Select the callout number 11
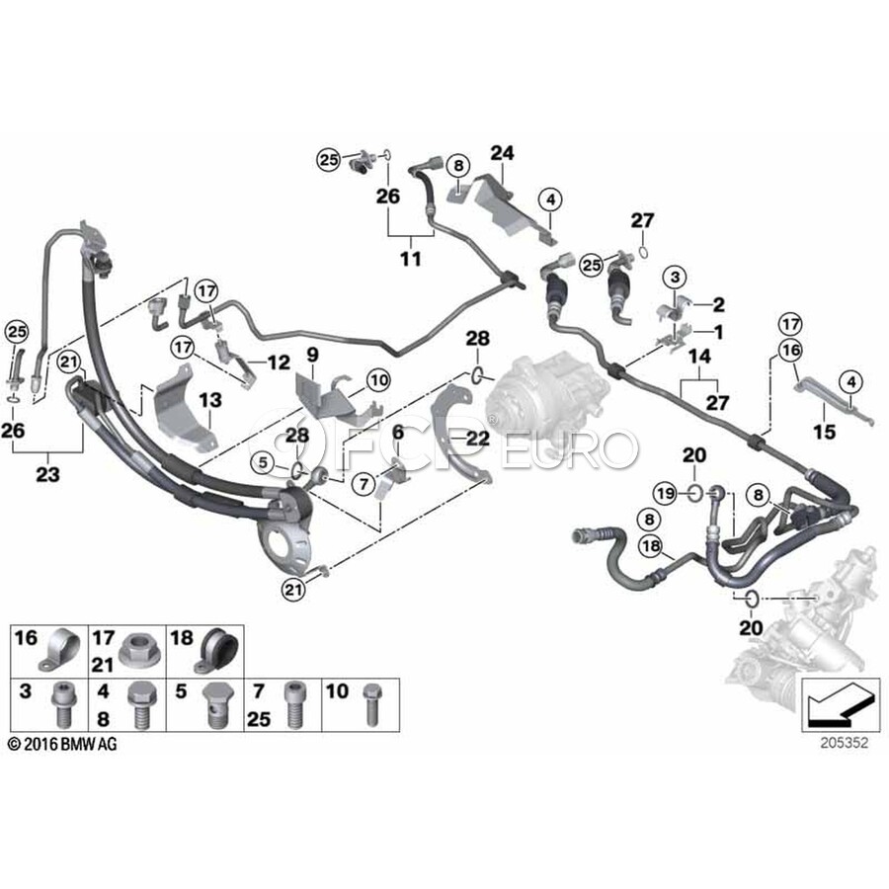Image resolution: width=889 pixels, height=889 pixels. pos(410,259)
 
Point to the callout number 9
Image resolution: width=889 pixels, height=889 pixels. pos(312,354)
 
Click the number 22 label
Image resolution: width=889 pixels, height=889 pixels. pos(398,431)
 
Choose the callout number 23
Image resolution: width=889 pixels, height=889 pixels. pos(46,474)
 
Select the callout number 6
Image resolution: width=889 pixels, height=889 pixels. pos(398,431)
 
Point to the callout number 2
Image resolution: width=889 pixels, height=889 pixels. pos(719,304)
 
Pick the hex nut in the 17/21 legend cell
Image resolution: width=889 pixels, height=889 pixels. pos(134,652)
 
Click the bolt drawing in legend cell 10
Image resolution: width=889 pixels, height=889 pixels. pos(372,703)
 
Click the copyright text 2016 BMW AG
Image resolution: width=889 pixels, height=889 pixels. pos(61,744)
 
